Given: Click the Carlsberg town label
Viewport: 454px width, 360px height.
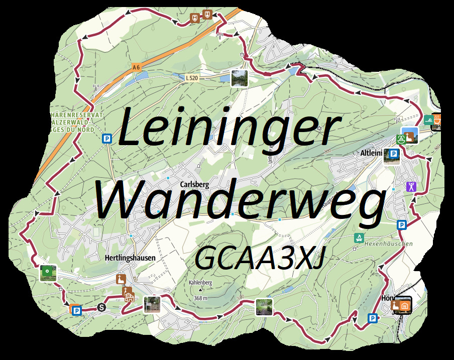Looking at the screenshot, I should (194, 184).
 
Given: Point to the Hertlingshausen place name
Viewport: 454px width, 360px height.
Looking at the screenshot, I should (130, 258).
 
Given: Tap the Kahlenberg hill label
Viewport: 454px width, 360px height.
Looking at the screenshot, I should (201, 283).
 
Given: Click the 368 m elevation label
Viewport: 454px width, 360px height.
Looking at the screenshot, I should (200, 298).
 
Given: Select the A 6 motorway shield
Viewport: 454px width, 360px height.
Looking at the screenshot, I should (136, 67).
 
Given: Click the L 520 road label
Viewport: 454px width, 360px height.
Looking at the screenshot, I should (191, 78).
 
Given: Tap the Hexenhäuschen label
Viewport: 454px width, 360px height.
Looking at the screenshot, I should (391, 244).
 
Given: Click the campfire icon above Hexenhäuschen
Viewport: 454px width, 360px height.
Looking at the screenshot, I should (359, 237).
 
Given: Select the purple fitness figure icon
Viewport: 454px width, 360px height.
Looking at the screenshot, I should (411, 187).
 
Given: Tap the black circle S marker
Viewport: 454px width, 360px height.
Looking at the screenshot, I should (101, 307).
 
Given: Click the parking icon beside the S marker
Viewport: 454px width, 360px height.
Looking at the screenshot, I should (77, 311).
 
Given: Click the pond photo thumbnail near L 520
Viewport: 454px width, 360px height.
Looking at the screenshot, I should (240, 78).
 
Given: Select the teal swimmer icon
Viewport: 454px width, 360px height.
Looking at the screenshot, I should (428, 119).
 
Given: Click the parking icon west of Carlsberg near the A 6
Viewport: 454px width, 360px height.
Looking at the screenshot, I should (106, 138).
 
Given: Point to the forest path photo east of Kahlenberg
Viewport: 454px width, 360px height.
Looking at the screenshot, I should (264, 306).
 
